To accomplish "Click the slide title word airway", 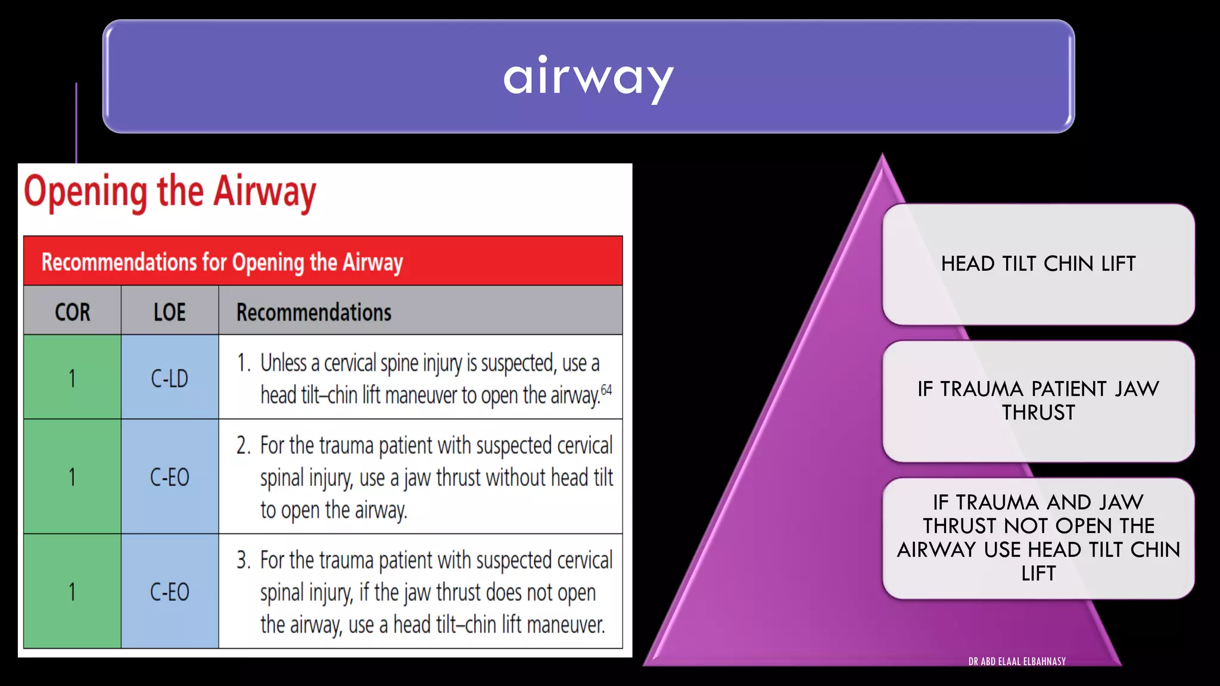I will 588,77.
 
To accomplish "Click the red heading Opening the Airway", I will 170,192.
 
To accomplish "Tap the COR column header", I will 73,312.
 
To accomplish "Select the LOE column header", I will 170,312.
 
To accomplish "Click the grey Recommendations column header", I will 314,312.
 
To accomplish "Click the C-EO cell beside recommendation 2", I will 170,477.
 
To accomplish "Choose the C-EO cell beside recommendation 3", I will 170,592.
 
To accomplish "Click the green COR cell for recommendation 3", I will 73,592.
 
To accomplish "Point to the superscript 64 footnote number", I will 606,390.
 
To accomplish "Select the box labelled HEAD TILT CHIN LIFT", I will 1038,264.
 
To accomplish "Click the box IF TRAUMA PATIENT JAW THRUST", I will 1038,401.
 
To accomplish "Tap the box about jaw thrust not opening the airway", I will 1038,538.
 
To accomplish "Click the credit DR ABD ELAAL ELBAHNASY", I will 1017,662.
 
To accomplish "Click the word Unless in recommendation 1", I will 284,363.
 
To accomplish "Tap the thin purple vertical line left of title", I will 76,122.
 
